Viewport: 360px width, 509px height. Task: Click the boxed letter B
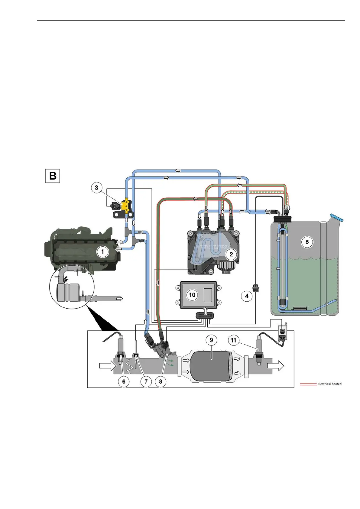point(53,176)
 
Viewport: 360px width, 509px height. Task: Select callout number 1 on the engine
point(102,251)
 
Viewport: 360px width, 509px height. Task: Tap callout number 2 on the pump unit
point(231,254)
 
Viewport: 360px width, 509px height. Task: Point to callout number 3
point(96,188)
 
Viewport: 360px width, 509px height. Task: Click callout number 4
point(247,296)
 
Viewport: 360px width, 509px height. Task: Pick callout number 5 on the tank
point(307,242)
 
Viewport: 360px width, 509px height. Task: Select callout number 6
point(124,381)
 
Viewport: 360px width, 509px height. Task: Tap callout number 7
point(146,381)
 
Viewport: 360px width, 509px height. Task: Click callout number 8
point(161,381)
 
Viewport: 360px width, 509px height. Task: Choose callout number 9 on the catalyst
point(211,340)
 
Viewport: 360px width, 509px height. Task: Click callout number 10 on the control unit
point(192,295)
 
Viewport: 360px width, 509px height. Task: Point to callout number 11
point(233,340)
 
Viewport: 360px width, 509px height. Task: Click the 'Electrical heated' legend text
point(329,384)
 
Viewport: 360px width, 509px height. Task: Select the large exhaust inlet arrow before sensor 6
point(107,366)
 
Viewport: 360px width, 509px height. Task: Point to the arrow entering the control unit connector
point(205,310)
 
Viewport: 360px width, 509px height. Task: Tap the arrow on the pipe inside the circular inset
point(120,299)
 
